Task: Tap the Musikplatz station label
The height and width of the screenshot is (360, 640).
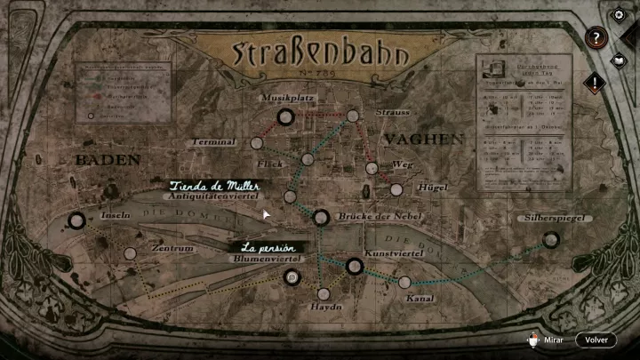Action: click(x=284, y=96)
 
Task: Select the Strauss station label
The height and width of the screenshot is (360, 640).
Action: click(x=392, y=113)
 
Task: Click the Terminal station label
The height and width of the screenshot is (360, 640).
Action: click(x=213, y=142)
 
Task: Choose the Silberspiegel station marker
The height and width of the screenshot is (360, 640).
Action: click(x=551, y=239)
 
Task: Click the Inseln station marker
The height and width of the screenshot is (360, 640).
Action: click(x=77, y=221)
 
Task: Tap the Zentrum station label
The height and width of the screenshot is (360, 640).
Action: click(x=172, y=249)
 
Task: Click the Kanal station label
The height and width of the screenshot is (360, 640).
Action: click(x=420, y=299)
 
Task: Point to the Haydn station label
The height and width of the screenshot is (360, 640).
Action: click(x=325, y=307)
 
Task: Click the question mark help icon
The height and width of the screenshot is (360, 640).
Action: click(x=597, y=37)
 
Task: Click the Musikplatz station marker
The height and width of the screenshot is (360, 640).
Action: click(x=285, y=116)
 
